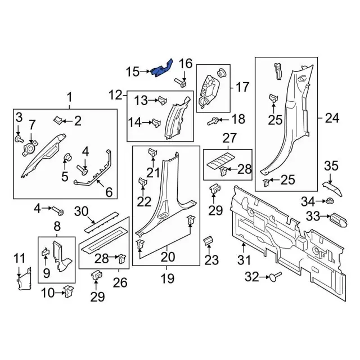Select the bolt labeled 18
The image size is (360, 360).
click(x=214, y=120)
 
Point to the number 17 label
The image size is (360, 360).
click(x=242, y=87)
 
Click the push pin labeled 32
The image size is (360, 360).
click(x=274, y=276)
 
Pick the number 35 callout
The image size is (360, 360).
click(x=331, y=166)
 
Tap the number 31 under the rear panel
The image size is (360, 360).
click(x=244, y=260)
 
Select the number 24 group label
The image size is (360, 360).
click(x=332, y=118)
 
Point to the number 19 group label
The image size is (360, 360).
click(x=166, y=278)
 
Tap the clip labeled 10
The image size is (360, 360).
click(x=69, y=291)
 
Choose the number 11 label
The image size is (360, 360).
click(x=20, y=259)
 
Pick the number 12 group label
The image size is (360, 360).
click(x=115, y=94)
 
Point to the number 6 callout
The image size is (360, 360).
click(x=109, y=192)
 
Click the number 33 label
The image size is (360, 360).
click(x=312, y=215)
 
